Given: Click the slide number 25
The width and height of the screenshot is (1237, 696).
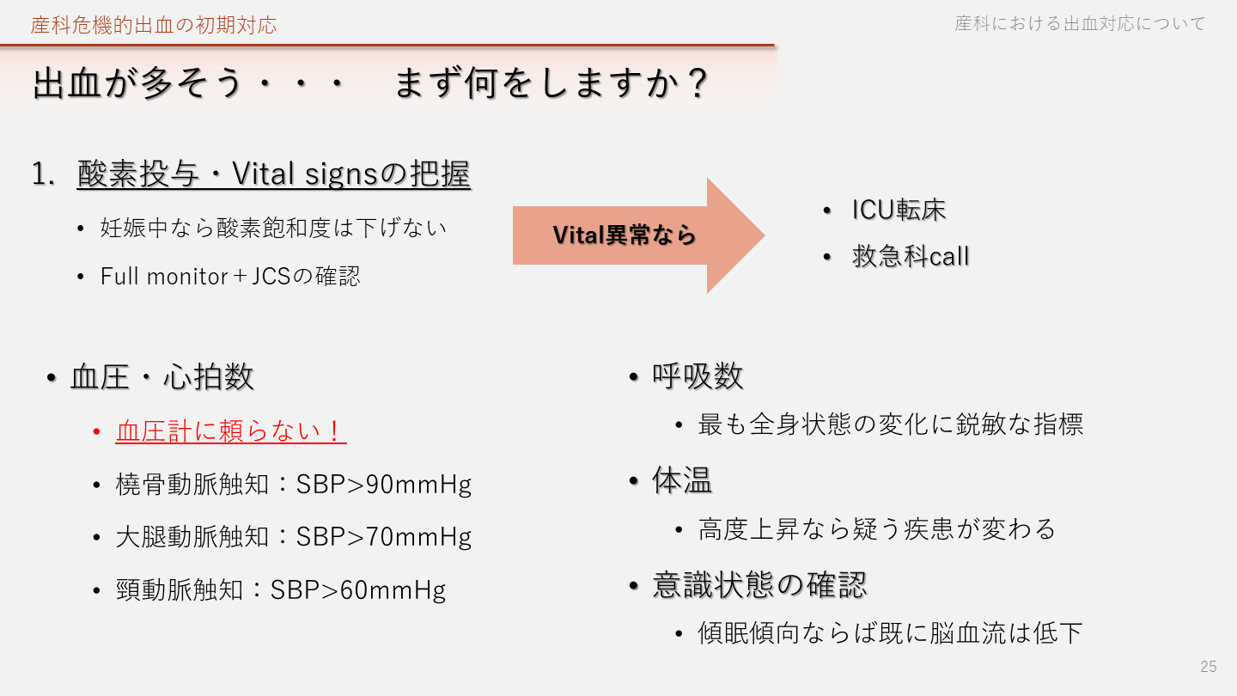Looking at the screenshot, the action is [x=1209, y=666].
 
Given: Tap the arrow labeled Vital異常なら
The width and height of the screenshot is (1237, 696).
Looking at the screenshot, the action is [x=638, y=235].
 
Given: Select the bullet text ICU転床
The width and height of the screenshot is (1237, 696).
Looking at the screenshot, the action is [x=899, y=210].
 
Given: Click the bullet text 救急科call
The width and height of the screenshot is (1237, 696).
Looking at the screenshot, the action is [x=911, y=256].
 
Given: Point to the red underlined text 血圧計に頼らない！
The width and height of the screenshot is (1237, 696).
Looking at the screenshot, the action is [x=231, y=430].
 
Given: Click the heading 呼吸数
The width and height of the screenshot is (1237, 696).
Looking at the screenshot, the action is [x=698, y=376].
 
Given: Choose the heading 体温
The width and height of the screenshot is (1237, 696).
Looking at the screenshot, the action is [x=682, y=480].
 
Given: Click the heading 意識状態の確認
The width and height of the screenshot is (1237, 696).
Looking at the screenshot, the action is [x=759, y=584].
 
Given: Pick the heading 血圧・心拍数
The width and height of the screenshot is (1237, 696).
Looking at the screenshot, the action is [x=161, y=377].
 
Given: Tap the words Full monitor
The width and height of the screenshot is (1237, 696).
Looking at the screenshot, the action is [x=164, y=276].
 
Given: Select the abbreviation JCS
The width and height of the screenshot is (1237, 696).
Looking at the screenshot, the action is [x=271, y=276].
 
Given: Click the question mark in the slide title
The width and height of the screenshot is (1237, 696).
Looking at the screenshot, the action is [x=698, y=82].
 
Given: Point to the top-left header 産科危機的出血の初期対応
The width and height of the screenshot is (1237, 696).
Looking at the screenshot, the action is [x=154, y=26].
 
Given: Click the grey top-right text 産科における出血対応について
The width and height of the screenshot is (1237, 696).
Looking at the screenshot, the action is [x=1080, y=24].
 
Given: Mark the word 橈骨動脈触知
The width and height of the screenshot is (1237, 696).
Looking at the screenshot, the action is [x=192, y=485].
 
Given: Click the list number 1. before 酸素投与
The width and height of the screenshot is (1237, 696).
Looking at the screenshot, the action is [x=43, y=174].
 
